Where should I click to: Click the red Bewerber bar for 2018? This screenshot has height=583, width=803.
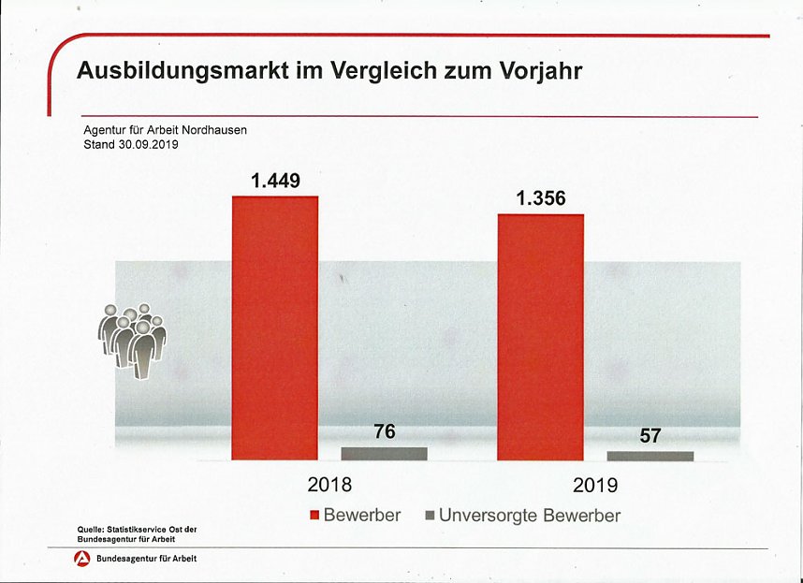[275, 328]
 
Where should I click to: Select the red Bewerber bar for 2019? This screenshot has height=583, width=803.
[540, 337]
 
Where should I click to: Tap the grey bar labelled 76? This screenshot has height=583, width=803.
[384, 453]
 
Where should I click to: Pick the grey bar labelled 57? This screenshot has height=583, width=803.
[650, 456]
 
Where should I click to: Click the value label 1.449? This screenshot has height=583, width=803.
[275, 181]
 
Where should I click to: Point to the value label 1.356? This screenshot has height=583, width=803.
[540, 198]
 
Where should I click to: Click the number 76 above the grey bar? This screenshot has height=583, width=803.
[385, 431]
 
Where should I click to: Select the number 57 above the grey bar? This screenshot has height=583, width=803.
[650, 435]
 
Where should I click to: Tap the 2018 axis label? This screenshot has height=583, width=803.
[329, 485]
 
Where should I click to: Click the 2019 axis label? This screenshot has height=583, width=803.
[595, 486]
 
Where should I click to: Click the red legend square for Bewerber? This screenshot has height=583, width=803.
[314, 516]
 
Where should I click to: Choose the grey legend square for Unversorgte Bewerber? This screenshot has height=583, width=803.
[431, 516]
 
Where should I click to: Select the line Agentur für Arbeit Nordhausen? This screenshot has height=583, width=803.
[165, 130]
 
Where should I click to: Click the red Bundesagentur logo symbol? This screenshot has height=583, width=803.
[82, 560]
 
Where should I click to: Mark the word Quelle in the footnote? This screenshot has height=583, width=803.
[91, 530]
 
